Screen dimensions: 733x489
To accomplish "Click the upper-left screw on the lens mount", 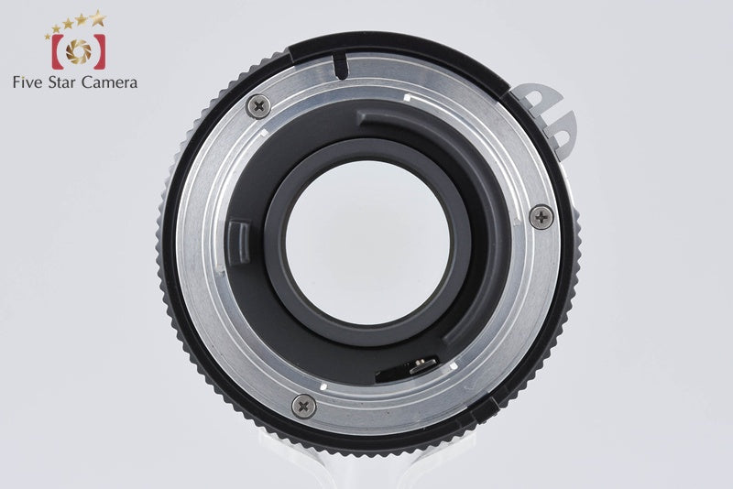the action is (x=258, y=106).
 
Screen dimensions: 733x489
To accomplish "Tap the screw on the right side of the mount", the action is (x=542, y=217).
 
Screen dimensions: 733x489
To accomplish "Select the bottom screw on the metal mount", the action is (x=304, y=406).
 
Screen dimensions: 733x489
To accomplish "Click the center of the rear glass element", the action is (x=368, y=243).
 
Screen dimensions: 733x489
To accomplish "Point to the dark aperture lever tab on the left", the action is (x=238, y=243).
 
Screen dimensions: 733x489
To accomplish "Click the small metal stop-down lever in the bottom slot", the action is (x=423, y=365).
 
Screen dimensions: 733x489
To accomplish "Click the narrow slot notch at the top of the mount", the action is (x=341, y=67).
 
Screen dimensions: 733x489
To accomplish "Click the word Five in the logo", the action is (x=27, y=82).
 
